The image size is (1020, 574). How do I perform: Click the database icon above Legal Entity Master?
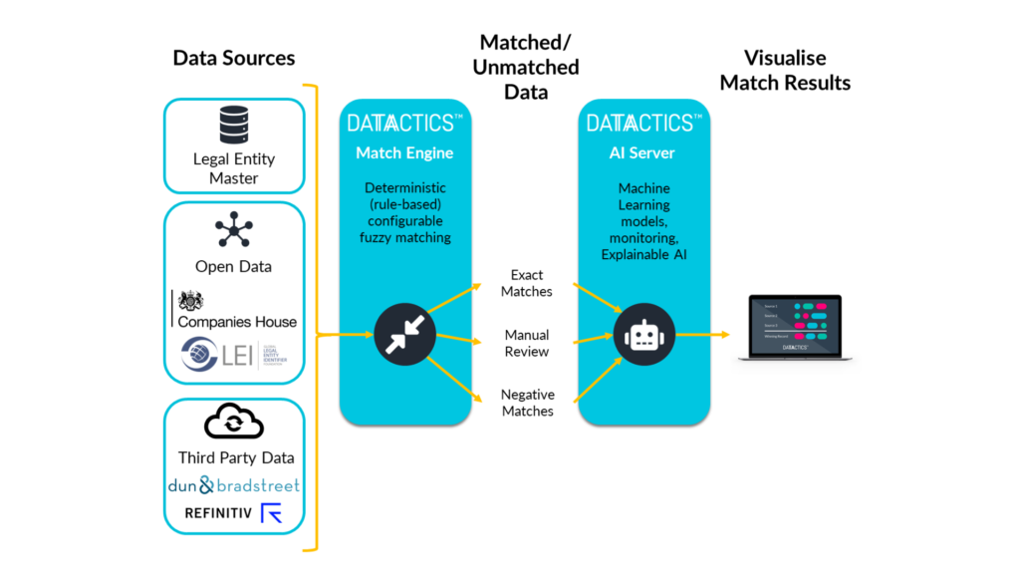(234, 125)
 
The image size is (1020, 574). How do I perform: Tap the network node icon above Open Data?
(234, 230)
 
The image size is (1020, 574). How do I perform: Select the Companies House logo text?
(237, 321)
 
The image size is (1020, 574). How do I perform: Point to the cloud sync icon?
(234, 424)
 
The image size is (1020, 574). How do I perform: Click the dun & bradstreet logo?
(234, 485)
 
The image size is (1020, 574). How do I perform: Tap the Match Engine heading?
(404, 153)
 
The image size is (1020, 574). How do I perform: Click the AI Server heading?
(642, 153)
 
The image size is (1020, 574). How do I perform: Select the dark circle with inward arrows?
(404, 335)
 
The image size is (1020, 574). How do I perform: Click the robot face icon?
(642, 336)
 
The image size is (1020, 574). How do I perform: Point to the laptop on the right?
(795, 326)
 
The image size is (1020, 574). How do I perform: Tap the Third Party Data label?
(236, 457)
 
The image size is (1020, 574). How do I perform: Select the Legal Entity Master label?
(234, 168)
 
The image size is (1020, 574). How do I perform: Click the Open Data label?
(234, 266)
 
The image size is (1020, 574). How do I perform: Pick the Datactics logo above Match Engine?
(404, 123)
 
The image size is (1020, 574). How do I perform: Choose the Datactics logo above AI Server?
(642, 123)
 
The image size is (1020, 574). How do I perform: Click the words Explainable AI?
(643, 255)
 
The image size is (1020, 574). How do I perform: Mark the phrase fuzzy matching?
(404, 237)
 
